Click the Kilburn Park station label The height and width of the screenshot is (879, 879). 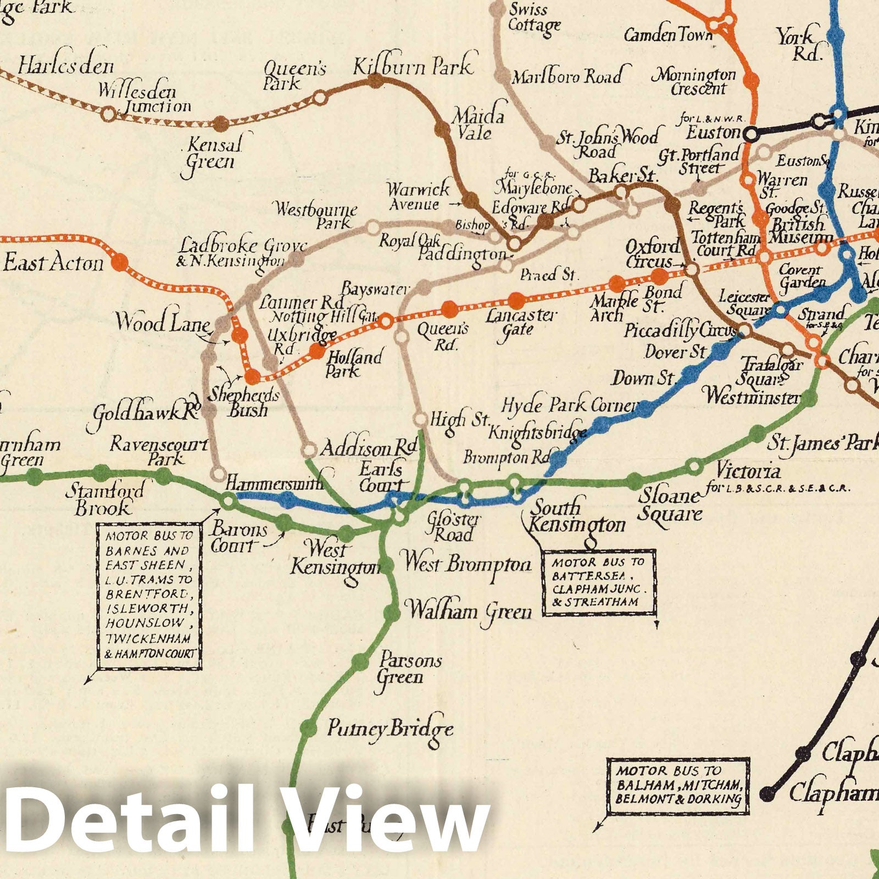pyautogui.click(x=412, y=66)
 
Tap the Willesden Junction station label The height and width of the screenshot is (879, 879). pyautogui.click(x=146, y=97)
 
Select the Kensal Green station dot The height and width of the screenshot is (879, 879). pyautogui.click(x=220, y=124)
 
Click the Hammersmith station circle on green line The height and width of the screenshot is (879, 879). pyautogui.click(x=228, y=500)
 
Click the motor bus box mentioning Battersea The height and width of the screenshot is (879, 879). pyautogui.click(x=598, y=582)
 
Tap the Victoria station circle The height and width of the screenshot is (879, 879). pyautogui.click(x=694, y=467)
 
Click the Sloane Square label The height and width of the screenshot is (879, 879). pyautogui.click(x=670, y=505)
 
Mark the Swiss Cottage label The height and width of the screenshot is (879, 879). pyautogui.click(x=533, y=18)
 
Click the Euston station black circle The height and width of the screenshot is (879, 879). pyautogui.click(x=750, y=133)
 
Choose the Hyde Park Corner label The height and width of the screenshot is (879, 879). pyautogui.click(x=570, y=406)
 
